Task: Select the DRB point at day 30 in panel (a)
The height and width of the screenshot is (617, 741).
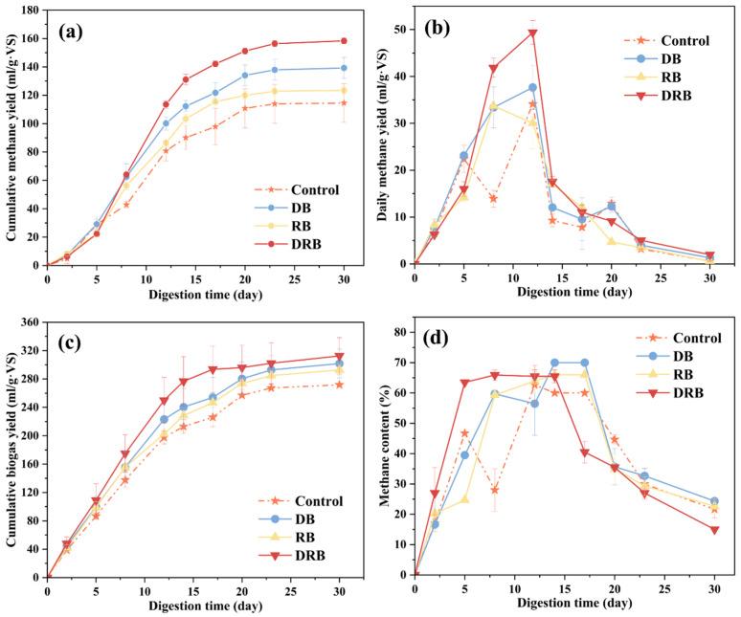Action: coord(344,41)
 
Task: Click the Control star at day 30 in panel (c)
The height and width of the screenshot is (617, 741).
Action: coord(344,385)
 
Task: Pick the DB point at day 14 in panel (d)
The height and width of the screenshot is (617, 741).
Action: coord(553,363)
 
